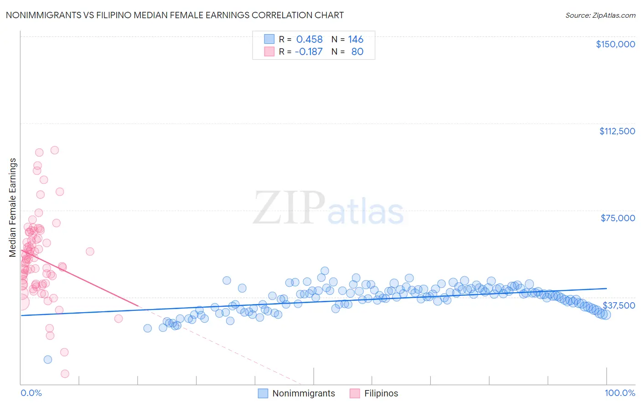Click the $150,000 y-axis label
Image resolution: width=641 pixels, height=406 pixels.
coord(615,44)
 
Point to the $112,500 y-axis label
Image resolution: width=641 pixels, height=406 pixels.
coord(617,131)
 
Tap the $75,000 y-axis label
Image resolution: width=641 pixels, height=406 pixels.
coord(618,218)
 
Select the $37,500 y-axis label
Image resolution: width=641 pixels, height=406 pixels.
coord(619,305)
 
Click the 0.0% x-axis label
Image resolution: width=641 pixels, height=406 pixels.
coord(31,393)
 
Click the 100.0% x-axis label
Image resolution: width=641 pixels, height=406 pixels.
coord(620,393)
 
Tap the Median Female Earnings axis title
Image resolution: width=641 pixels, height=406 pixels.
coord(13,208)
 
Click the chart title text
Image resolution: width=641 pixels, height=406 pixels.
coord(175,15)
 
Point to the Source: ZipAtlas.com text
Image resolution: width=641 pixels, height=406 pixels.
coord(600,15)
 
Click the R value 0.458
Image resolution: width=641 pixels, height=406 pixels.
coord(309,40)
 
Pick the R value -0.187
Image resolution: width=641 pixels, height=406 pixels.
coord(309,52)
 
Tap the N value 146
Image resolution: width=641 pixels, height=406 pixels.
coord(356,40)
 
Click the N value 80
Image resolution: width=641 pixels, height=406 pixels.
coord(357,52)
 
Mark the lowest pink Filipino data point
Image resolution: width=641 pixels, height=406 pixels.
coord(65,374)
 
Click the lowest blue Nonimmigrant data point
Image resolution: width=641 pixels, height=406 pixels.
coord(48,360)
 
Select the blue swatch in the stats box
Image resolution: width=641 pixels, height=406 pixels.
coord(269,39)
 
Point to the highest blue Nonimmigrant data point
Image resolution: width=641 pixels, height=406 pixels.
coord(325,271)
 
